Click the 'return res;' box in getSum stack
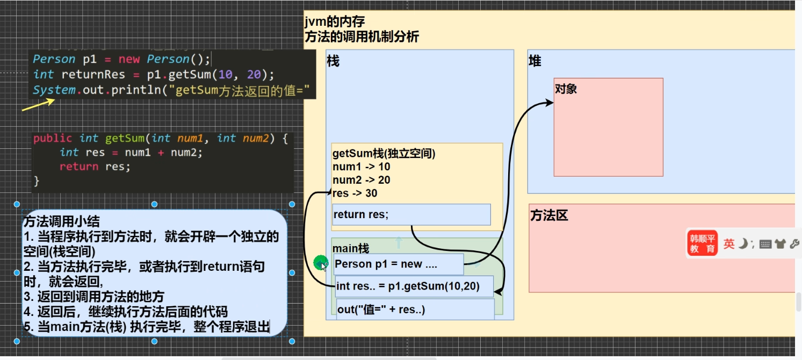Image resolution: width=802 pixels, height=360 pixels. (x=411, y=214)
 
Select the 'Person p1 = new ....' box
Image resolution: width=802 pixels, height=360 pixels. (x=398, y=264)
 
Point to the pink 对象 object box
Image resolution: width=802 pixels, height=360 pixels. (x=608, y=127)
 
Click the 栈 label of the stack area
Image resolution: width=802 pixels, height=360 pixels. (x=333, y=62)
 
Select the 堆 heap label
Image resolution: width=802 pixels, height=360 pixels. (x=535, y=62)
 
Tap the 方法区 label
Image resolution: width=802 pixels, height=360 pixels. (x=549, y=216)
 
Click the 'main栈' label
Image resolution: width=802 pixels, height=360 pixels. (x=351, y=248)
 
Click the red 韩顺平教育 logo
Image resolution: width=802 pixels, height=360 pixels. (x=702, y=243)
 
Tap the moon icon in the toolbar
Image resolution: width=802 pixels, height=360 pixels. (x=743, y=243)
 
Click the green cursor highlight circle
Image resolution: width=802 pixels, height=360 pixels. (x=321, y=263)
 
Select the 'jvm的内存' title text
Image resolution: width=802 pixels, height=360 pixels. (x=335, y=22)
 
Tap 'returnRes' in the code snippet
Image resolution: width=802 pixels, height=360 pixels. (x=93, y=74)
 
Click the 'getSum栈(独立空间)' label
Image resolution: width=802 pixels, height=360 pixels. (x=384, y=153)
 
